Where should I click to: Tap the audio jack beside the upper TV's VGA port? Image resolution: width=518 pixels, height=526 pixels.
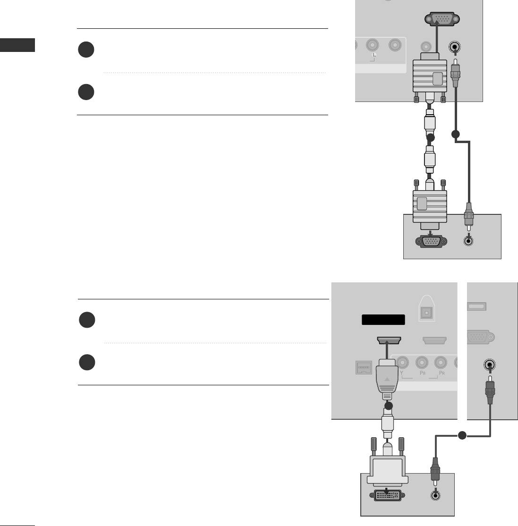[x=455, y=47]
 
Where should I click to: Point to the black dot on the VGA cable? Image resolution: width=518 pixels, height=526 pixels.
[x=430, y=137]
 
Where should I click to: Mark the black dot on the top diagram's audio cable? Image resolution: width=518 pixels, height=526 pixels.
[x=455, y=135]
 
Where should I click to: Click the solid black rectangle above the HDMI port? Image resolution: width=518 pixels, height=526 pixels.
[x=383, y=320]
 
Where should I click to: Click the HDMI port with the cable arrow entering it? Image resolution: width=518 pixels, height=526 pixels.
[x=389, y=340]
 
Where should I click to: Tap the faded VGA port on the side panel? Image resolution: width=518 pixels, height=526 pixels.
[x=480, y=338]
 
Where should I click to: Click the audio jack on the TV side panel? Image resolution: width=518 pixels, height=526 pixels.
[x=490, y=365]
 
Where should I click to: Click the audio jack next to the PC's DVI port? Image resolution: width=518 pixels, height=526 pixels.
[x=434, y=496]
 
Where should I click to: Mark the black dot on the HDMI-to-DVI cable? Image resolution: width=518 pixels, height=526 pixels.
[x=389, y=406]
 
